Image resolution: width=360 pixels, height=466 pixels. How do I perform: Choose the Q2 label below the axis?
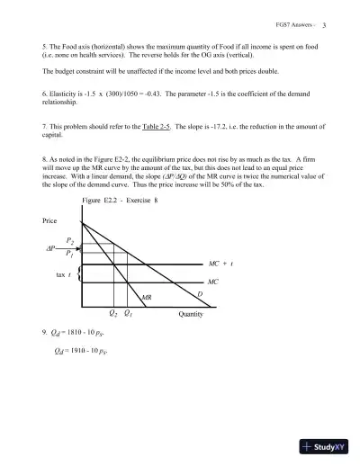click(112, 314)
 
